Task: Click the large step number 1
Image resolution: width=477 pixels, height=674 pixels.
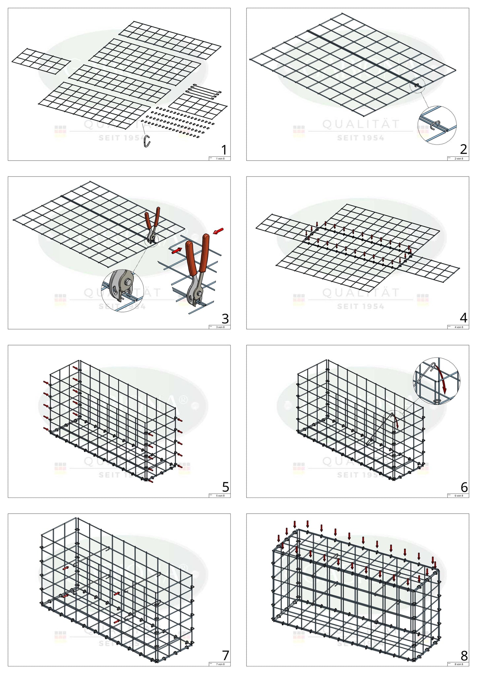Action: pos(224,150)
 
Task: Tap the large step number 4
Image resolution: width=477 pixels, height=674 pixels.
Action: pos(463,318)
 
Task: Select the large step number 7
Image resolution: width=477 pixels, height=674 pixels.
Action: pos(225,655)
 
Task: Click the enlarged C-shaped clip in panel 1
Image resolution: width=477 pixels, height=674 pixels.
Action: pos(147,141)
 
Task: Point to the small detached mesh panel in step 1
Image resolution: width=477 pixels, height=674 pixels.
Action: pos(41,61)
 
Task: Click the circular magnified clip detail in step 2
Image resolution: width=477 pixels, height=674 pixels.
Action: pos(437,125)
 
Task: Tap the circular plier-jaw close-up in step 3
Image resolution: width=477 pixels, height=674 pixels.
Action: pos(122,291)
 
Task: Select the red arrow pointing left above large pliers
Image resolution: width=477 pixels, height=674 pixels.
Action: pos(219,231)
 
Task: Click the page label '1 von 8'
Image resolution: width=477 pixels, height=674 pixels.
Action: pos(220,159)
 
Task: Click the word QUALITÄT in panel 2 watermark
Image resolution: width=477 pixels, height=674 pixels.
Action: pos(361,124)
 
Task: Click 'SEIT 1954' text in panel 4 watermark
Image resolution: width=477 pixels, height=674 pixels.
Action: pos(360,306)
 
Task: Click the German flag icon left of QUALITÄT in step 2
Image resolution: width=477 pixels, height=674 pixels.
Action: pos(299,131)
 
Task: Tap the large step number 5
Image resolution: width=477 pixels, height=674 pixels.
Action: pos(225,487)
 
